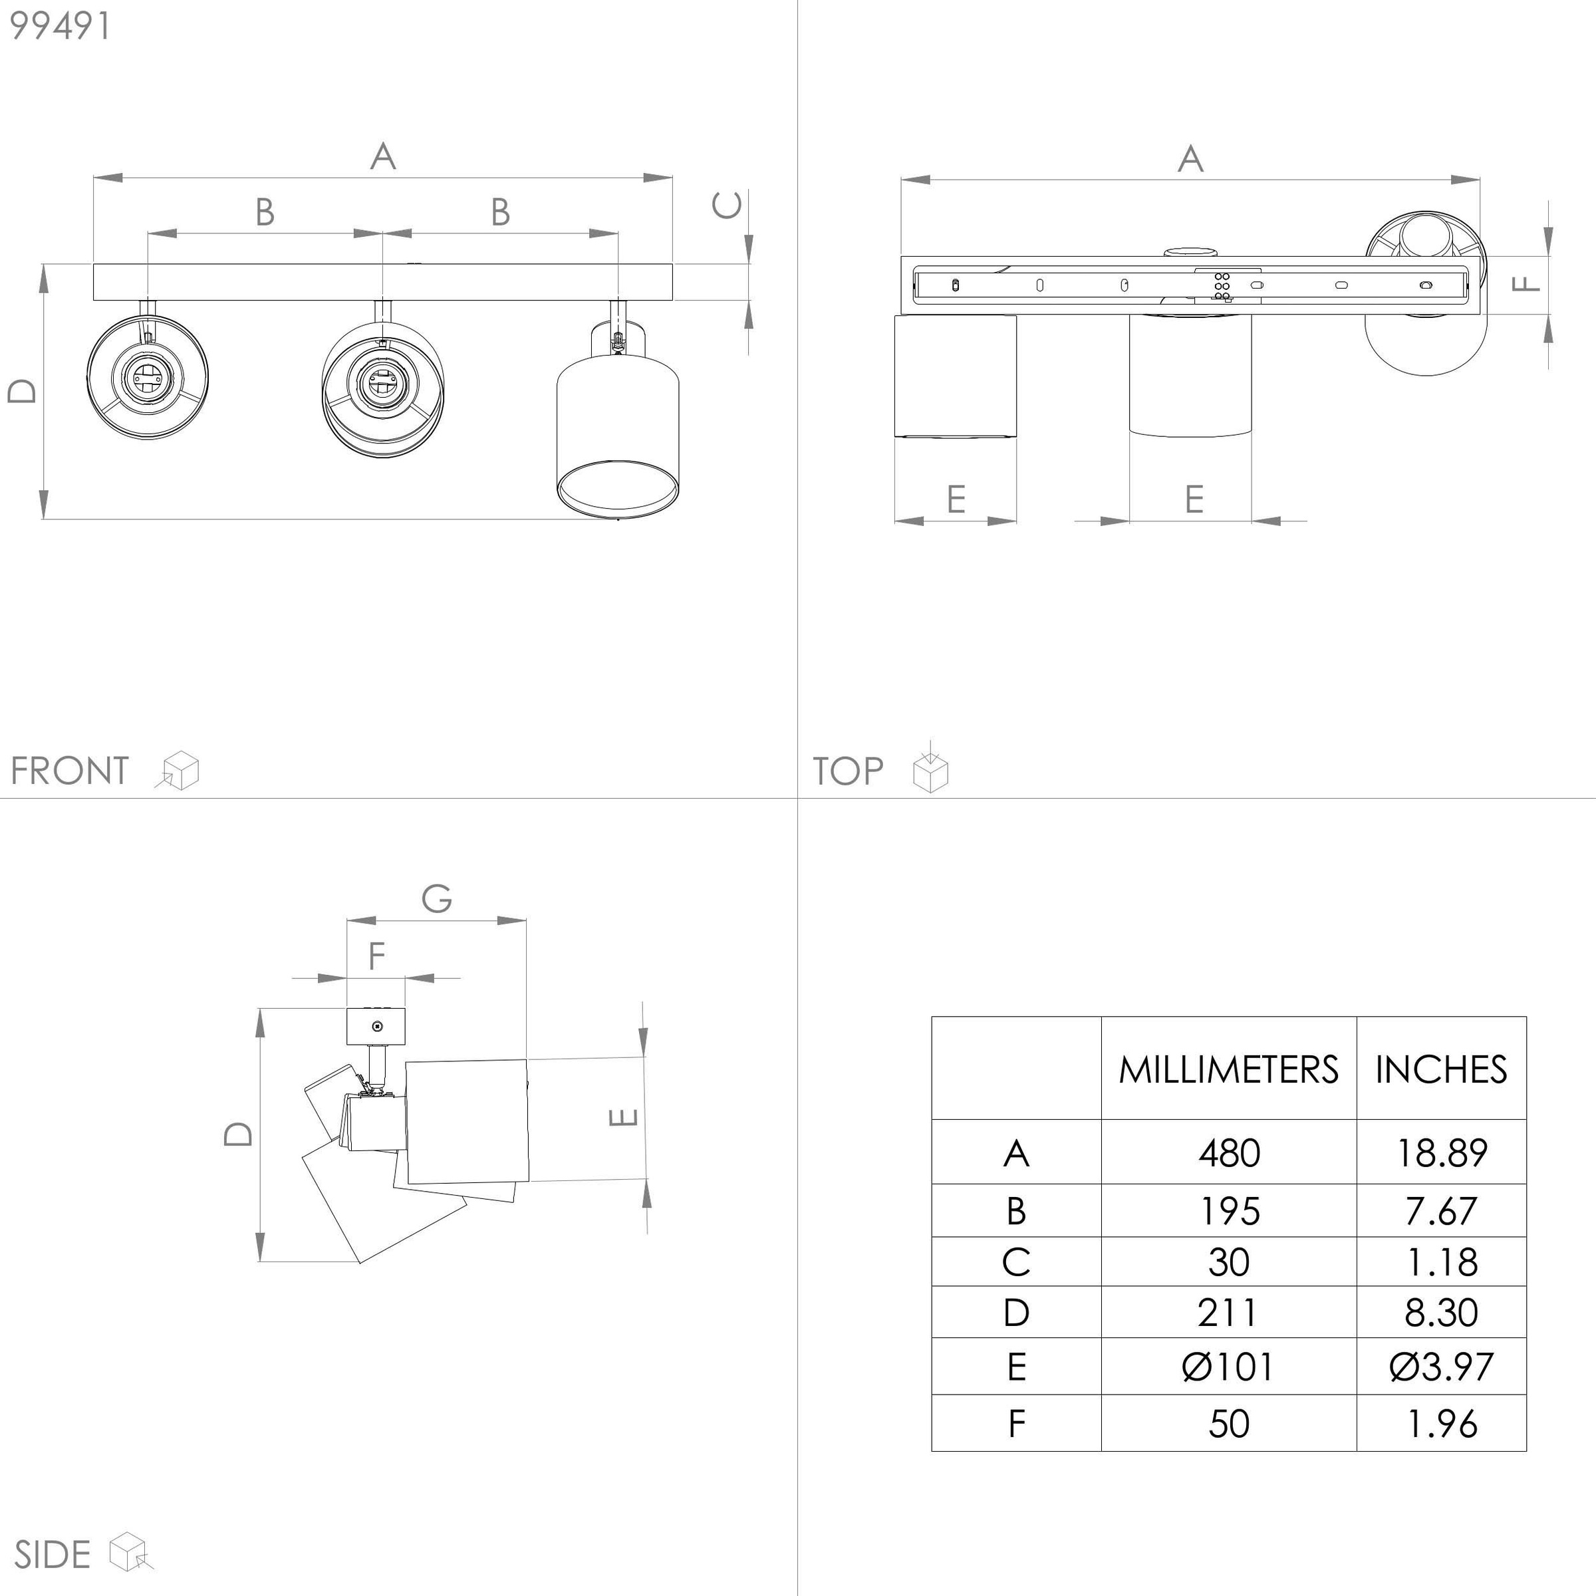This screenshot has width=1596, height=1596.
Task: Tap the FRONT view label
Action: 69,771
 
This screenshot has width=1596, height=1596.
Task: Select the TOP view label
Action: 849,771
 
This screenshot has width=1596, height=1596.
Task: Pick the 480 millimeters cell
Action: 1228,1152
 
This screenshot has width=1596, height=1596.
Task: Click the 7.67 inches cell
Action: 1440,1211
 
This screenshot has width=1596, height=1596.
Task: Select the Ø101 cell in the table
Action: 1228,1367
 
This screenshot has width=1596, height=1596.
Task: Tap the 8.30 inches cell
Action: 1440,1313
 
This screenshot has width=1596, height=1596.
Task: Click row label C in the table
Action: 1016,1262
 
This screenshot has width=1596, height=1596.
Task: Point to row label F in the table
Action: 1016,1423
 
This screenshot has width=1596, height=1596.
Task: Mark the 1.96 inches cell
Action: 1440,1423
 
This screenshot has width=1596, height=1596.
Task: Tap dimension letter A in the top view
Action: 1190,159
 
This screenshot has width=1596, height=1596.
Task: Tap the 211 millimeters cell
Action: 1228,1313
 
